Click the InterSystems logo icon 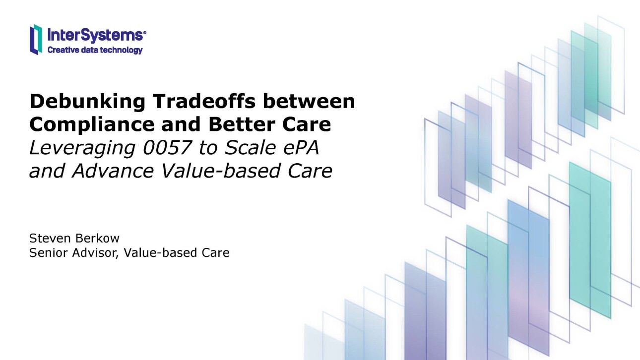pos(36,40)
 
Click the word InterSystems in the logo pos(94,35)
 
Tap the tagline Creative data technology pos(95,50)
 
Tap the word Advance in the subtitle pos(114,171)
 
